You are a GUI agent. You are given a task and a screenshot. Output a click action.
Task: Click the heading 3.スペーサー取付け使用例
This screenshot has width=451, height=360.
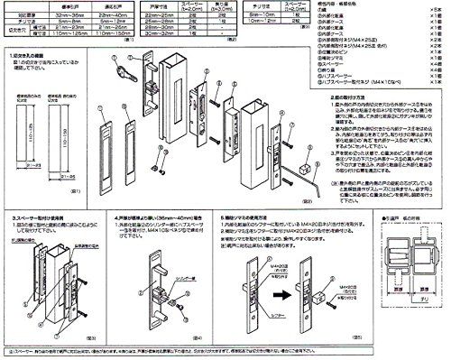click(41, 218)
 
